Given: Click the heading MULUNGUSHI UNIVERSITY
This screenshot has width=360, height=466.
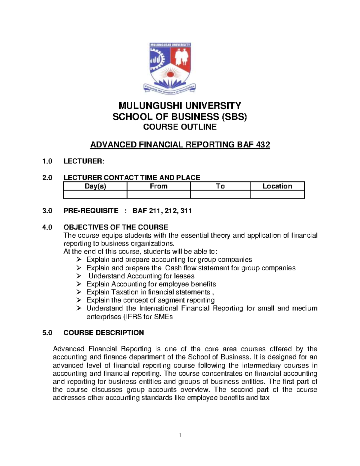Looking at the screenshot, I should [x=180, y=106].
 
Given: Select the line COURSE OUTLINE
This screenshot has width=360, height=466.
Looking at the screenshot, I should [x=180, y=127].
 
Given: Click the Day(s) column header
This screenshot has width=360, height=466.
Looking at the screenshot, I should [x=95, y=186].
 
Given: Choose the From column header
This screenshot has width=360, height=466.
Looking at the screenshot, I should [x=159, y=186].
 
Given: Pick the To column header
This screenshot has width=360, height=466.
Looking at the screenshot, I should [x=220, y=186].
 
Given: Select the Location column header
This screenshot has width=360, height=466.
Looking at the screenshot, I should [x=277, y=186].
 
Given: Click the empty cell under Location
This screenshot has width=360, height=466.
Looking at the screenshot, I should [x=277, y=195].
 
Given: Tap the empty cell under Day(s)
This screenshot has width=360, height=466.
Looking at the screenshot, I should [x=95, y=195].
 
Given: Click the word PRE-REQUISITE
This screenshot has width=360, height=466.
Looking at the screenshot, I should [x=91, y=211].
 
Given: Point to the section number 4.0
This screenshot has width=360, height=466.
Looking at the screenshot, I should [x=47, y=227].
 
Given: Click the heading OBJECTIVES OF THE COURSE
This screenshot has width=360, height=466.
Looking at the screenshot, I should [x=115, y=227].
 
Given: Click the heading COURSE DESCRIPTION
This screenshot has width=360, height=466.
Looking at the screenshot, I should [x=103, y=333].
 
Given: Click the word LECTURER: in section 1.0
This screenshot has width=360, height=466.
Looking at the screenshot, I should [x=84, y=161].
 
